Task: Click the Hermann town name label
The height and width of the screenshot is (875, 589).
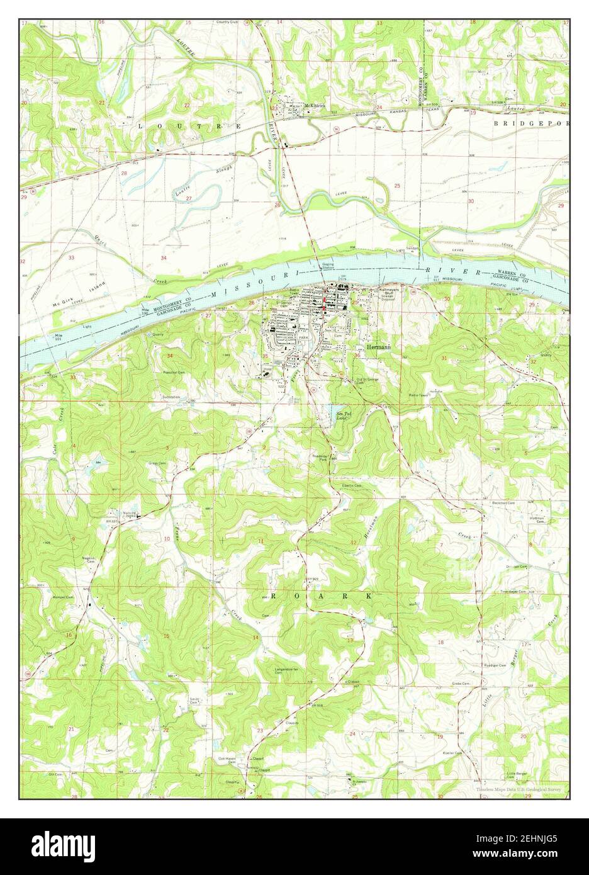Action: (376, 347)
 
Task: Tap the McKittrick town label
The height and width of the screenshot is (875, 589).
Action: (315, 106)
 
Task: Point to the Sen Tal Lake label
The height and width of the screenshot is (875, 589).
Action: (342, 415)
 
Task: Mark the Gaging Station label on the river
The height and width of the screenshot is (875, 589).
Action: (328, 266)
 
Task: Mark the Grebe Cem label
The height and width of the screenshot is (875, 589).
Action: (461, 683)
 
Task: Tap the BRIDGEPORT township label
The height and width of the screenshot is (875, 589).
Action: (531, 123)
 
